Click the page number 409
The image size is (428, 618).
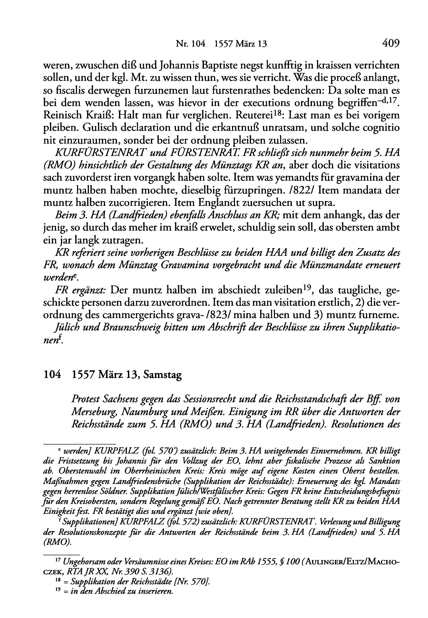[390, 44]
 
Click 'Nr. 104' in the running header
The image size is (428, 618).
[190, 44]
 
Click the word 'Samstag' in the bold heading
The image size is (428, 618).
[164, 375]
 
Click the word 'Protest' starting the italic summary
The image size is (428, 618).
[85, 396]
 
